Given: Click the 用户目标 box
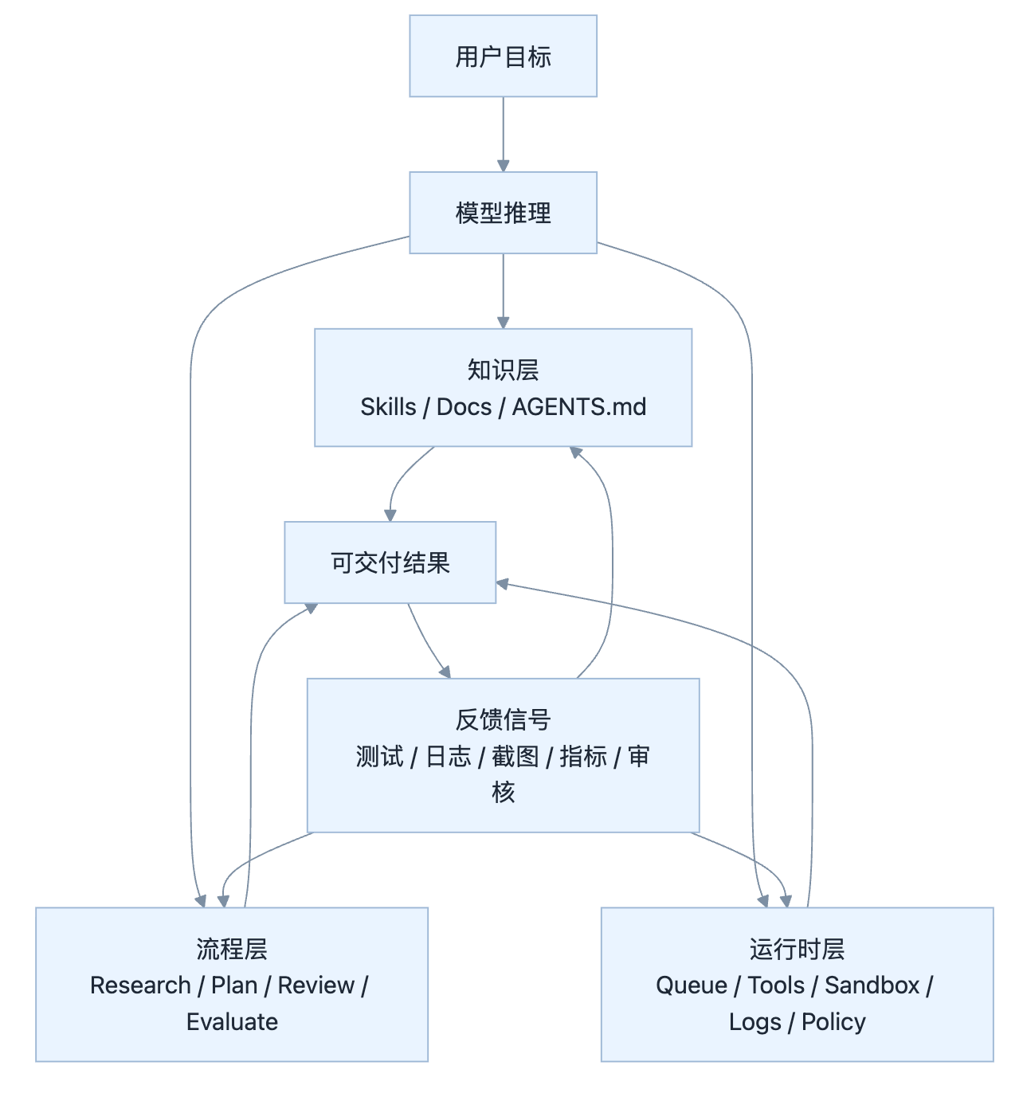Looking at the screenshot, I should tap(503, 57).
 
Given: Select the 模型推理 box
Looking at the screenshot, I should tap(503, 213).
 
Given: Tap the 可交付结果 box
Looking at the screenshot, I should tap(390, 562).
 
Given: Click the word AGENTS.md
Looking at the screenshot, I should tap(578, 407).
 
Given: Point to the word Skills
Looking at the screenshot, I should tap(388, 407).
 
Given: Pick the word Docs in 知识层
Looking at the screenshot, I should tap(464, 407).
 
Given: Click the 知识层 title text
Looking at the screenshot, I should tap(503, 370).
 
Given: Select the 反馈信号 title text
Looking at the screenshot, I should tap(503, 719).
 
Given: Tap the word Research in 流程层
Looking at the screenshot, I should tap(140, 985).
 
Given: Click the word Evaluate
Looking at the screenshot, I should tap(232, 1022).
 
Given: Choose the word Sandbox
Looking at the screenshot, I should tap(872, 985).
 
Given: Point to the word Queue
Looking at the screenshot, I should tap(691, 985).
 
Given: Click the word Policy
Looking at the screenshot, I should tap(833, 1022).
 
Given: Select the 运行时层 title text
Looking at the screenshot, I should tap(797, 949).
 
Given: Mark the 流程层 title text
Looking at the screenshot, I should tap(232, 949).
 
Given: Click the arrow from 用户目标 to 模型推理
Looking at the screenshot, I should tap(503, 131).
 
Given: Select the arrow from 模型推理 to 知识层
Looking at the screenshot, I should tap(503, 288).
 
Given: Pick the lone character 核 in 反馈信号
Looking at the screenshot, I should tap(503, 792).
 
